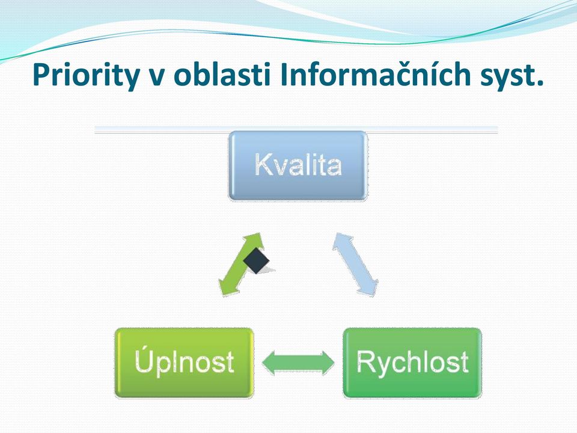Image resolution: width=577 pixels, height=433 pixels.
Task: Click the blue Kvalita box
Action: point(298,166)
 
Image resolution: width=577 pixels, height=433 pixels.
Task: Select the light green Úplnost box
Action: point(185,363)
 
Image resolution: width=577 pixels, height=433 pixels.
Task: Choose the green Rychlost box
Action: point(412,363)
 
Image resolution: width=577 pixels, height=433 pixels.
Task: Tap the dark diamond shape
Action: point(257,260)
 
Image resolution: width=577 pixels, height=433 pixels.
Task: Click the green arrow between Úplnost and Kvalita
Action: point(242,265)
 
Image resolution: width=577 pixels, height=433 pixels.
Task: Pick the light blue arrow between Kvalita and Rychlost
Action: point(355,263)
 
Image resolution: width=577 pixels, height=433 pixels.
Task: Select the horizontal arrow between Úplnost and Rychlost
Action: point(298,363)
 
